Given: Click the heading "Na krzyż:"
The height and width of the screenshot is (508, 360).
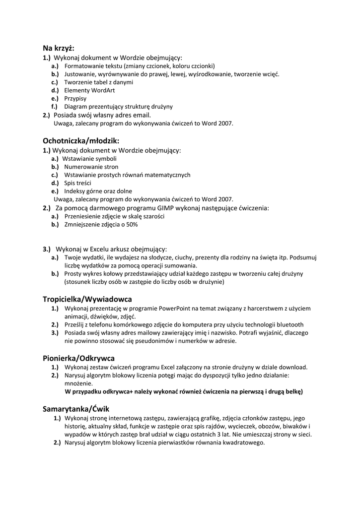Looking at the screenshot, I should (58, 48).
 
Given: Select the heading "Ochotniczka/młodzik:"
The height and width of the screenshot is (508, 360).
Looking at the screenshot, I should (81, 140).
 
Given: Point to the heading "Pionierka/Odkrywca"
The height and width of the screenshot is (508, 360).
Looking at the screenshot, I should (79, 358).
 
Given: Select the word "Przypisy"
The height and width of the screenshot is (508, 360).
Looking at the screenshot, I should (75, 98).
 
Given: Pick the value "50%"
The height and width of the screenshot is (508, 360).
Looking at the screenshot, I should (131, 224).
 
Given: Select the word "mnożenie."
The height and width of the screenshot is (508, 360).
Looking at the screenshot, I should (78, 383).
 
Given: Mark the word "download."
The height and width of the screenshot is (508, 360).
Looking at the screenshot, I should (291, 367).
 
